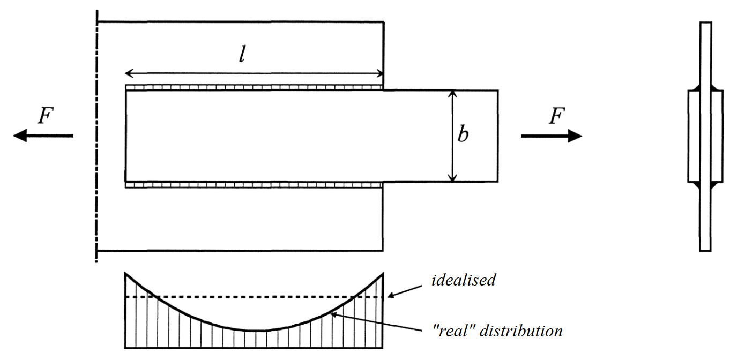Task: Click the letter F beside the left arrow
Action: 45,116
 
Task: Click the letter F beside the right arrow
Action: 557,116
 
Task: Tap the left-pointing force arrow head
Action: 20,136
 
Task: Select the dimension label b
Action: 463,134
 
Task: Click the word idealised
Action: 464,280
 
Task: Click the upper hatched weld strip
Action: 254,87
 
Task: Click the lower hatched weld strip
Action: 254,185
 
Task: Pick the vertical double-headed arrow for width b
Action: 453,136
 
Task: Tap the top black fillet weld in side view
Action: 705,87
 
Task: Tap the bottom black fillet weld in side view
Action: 705,185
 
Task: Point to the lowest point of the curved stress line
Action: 256,331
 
